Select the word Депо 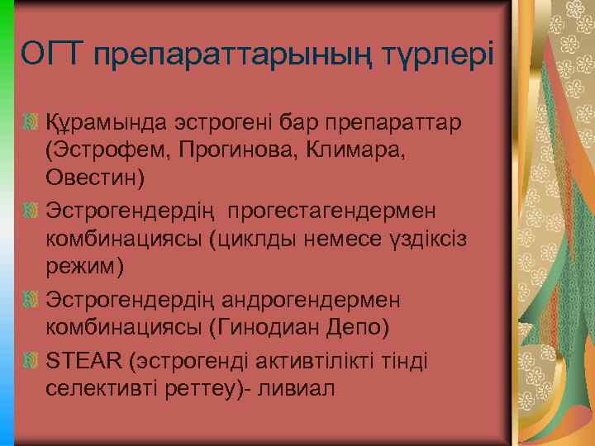[x=355, y=325]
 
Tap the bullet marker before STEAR [x=31, y=359]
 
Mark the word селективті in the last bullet [x=103, y=387]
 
